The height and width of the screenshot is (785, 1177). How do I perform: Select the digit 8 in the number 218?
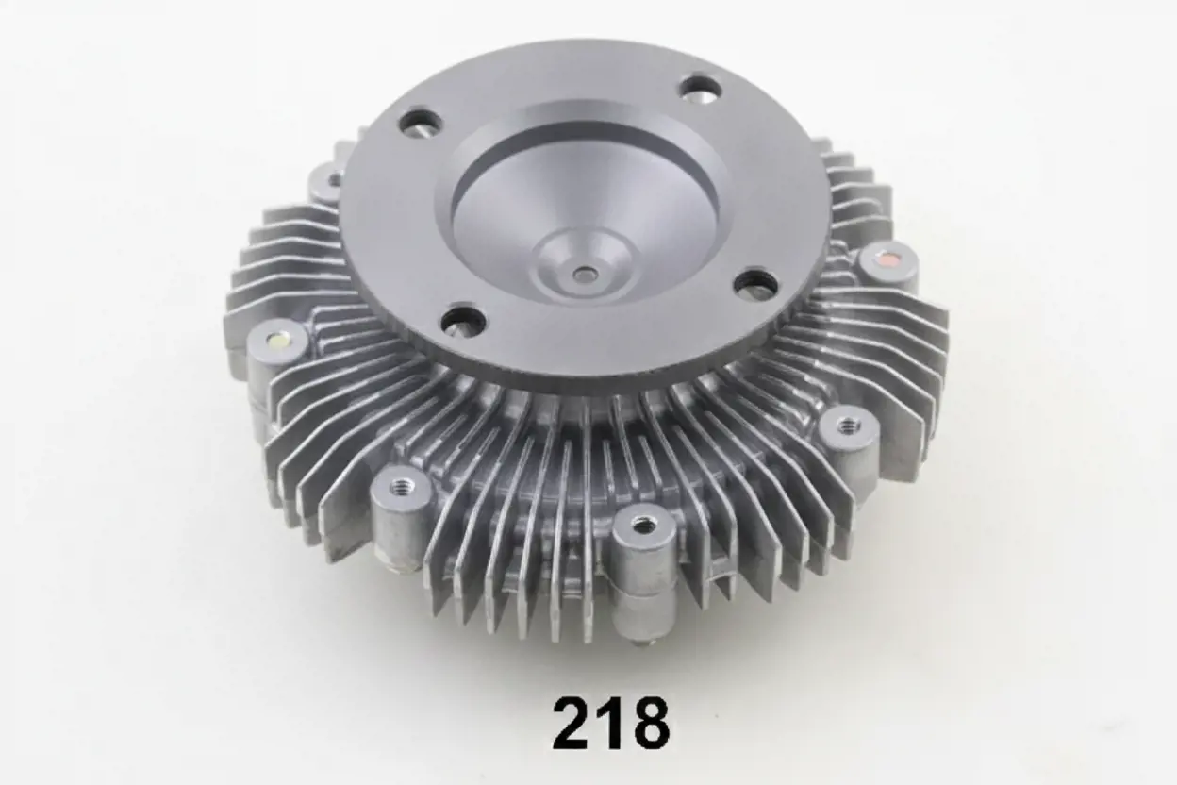pos(649,723)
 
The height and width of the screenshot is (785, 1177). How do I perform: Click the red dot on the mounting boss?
pos(889,259)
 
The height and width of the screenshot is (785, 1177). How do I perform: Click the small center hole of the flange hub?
pos(584,274)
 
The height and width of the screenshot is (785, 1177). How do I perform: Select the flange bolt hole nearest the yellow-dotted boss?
pos(462,320)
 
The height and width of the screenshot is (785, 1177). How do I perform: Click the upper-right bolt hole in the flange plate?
pos(701,86)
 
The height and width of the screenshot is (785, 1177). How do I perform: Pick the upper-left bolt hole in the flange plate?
pos(421,122)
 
